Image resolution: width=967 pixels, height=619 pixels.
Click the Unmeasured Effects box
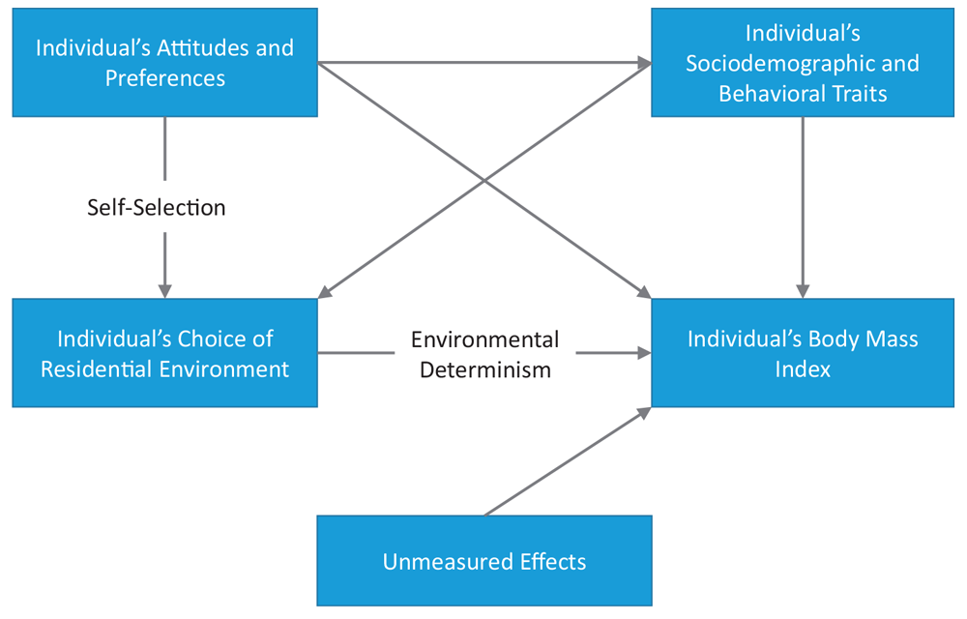484,561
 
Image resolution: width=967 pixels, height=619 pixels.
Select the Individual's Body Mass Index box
803,353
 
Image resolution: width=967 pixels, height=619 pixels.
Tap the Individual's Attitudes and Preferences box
164,63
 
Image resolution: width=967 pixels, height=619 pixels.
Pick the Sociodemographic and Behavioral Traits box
803,63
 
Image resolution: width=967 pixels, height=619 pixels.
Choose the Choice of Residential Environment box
164,353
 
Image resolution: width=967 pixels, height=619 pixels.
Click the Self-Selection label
157,207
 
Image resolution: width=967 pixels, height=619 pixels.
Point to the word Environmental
484,339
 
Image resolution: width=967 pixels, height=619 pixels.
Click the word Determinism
484,368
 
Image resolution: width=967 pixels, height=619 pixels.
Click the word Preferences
165,78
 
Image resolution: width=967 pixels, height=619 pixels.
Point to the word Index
803,369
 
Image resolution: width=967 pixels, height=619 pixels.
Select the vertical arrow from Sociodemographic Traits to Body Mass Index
803,203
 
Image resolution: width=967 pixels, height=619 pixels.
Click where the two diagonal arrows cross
484,181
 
